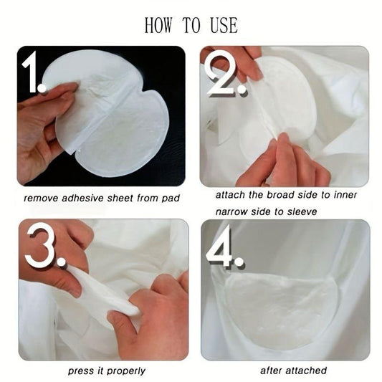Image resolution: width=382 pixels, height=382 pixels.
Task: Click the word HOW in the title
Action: pos(158,25)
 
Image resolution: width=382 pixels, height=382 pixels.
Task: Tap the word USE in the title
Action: pos(224,25)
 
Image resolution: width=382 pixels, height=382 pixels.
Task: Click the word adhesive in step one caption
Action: pos(82,198)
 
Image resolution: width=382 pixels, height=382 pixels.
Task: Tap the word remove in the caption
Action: pos(41,199)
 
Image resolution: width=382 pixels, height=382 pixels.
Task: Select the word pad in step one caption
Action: pos(171,199)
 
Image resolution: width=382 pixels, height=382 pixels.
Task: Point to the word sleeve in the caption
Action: pos(302,211)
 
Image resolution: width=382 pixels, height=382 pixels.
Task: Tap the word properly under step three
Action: pos(126,371)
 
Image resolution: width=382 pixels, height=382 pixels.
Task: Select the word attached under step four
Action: pos(306,371)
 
